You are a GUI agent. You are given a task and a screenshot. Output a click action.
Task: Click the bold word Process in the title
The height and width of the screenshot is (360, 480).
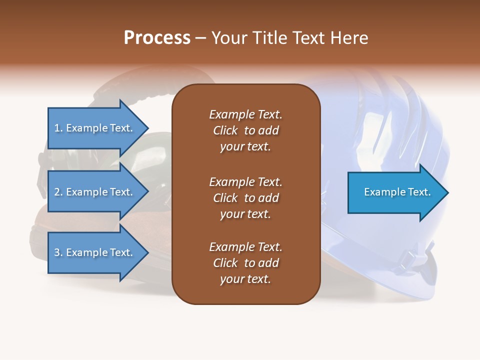pos(157,38)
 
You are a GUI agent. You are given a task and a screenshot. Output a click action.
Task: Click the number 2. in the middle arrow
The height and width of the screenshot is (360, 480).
pos(58,192)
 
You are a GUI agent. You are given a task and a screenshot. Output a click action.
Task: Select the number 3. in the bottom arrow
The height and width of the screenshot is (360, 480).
pos(58,252)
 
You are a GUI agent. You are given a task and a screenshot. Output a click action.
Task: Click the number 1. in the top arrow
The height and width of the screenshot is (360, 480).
pos(58,128)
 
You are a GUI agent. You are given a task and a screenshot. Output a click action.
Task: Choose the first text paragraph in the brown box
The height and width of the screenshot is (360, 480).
pos(245,130)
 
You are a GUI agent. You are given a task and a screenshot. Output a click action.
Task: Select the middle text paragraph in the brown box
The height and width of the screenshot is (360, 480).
pos(245,198)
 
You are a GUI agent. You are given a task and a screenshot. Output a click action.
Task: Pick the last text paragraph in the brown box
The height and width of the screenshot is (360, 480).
pos(245,263)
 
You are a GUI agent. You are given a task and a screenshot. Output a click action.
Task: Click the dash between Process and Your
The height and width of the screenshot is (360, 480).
pos(200,38)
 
